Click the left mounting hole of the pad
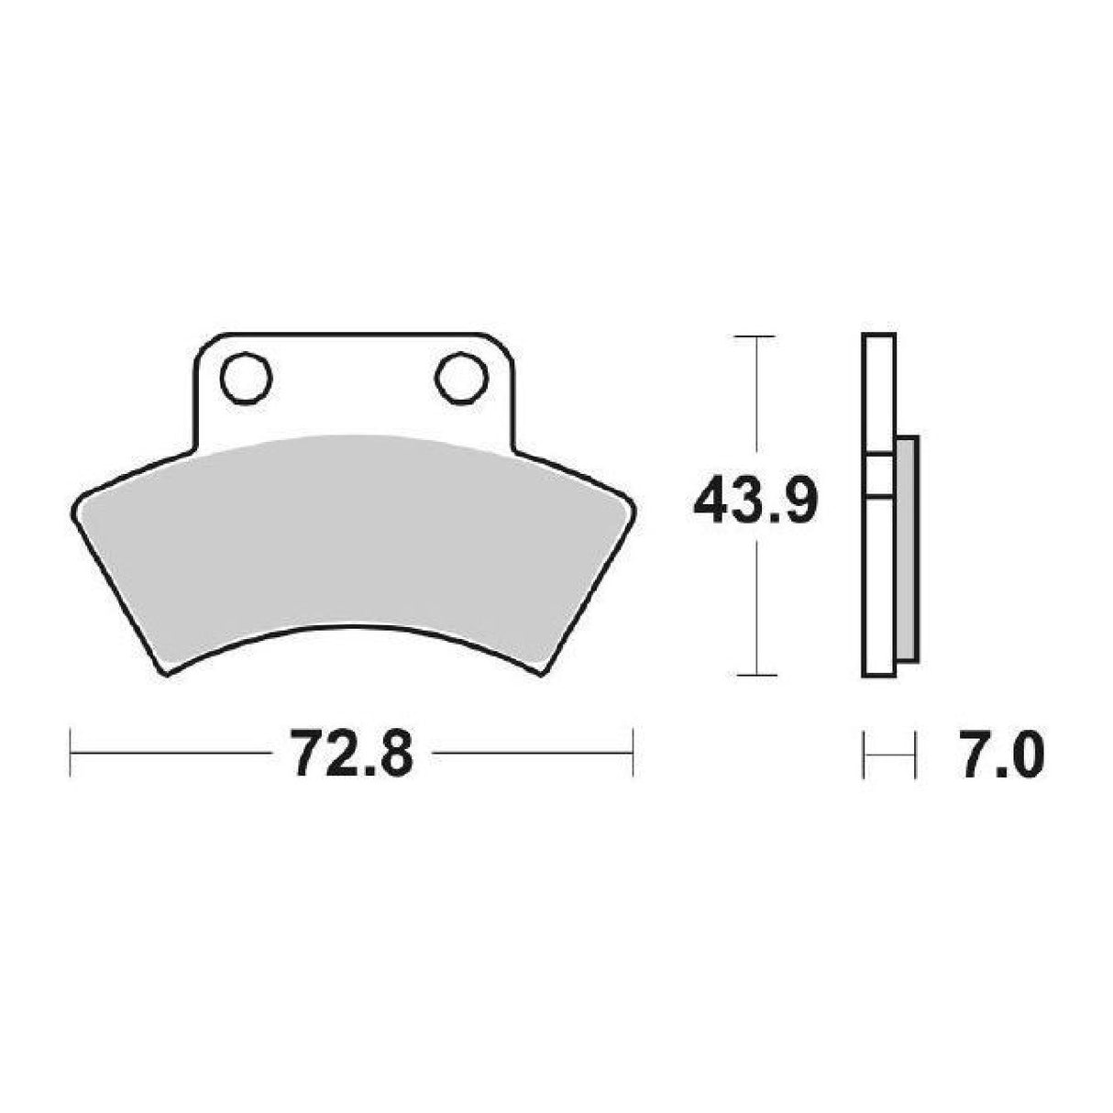pos(247,377)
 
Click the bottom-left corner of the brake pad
pos(165,674)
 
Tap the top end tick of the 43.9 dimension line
pos(755,337)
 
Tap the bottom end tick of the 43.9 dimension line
pos(755,676)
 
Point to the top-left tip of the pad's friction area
pos(77,500)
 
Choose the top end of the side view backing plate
pos(878,335)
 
